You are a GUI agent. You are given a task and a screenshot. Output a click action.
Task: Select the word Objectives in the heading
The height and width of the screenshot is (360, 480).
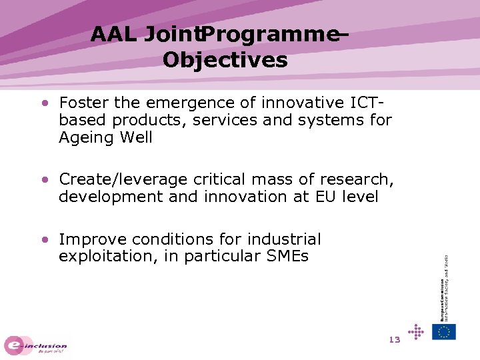click(225, 61)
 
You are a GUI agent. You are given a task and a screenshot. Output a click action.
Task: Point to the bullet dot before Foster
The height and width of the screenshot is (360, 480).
click(45, 104)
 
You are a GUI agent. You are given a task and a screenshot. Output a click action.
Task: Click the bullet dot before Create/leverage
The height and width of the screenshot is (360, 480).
click(45, 180)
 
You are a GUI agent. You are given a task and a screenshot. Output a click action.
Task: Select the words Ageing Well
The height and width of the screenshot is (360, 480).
click(105, 138)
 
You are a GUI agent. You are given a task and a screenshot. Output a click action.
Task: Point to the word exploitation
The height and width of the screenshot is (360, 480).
click(100, 256)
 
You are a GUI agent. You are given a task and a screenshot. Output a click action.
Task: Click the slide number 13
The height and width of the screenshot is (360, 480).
click(394, 339)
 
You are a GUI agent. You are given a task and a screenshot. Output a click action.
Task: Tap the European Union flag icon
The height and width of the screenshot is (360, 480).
click(444, 331)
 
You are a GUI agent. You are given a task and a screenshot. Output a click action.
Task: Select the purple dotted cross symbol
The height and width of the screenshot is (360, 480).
click(416, 331)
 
